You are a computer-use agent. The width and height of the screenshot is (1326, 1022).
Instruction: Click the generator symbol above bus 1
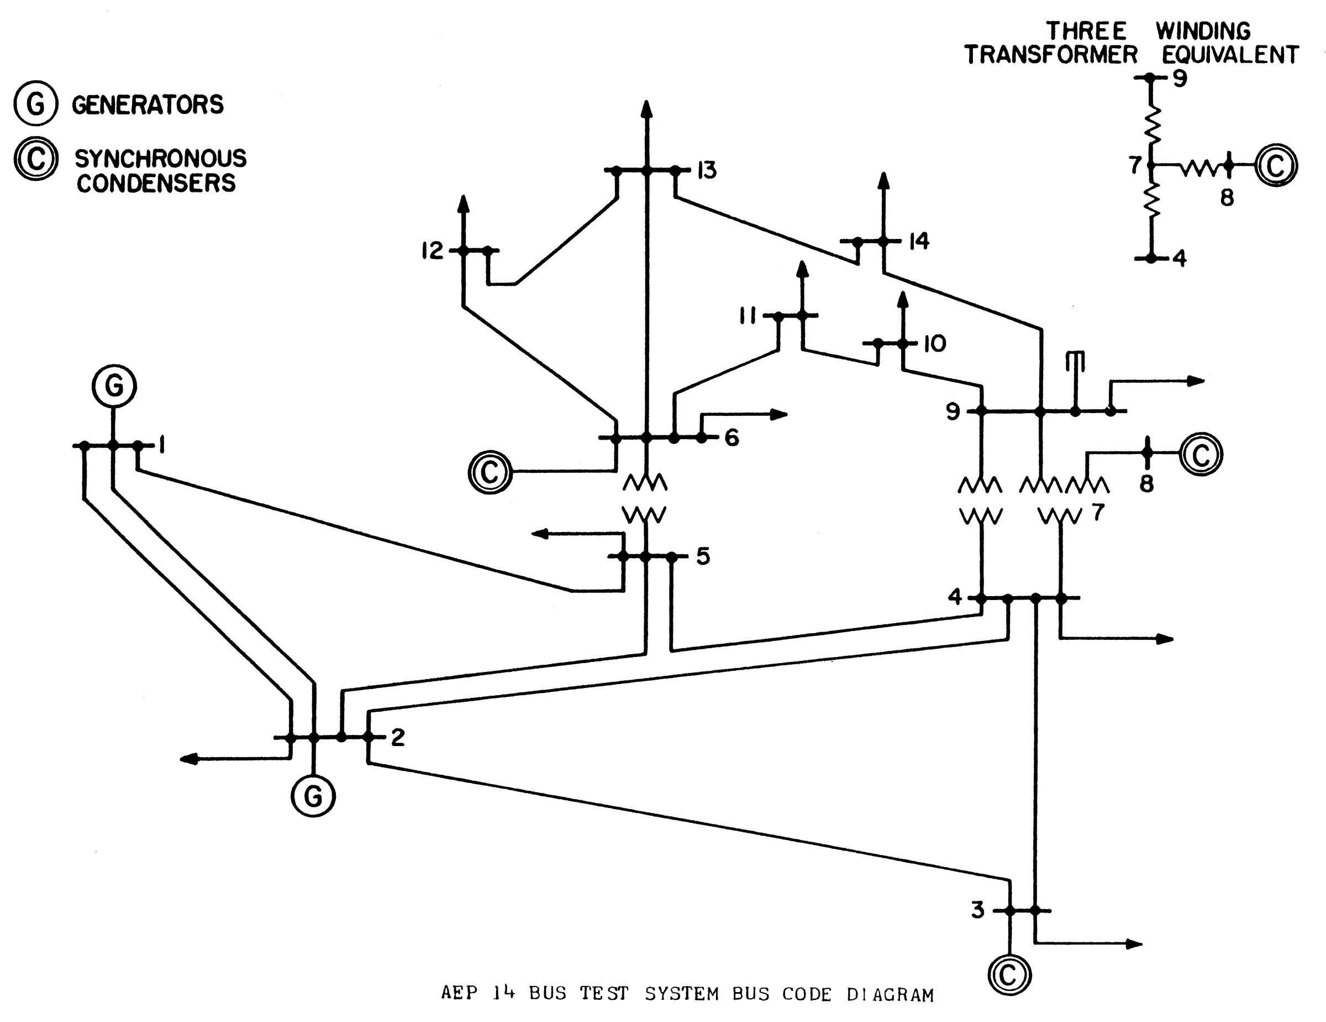pyautogui.click(x=114, y=386)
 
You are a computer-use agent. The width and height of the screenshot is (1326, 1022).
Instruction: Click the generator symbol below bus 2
pyautogui.click(x=313, y=795)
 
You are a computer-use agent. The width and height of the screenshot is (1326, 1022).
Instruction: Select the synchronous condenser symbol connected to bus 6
pyautogui.click(x=490, y=472)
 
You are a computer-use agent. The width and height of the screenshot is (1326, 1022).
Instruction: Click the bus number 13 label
pyautogui.click(x=707, y=171)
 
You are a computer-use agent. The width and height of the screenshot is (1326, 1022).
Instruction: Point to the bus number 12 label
pyautogui.click(x=432, y=251)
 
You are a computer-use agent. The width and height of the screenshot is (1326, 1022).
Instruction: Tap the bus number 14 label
pyautogui.click(x=919, y=242)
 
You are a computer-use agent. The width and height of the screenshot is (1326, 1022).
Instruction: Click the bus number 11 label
pyautogui.click(x=748, y=316)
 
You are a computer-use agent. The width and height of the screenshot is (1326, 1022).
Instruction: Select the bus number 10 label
pyautogui.click(x=934, y=345)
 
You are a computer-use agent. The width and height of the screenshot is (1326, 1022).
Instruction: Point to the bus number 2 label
pyautogui.click(x=398, y=738)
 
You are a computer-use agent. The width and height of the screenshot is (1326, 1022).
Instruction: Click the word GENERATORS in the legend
pyautogui.click(x=148, y=105)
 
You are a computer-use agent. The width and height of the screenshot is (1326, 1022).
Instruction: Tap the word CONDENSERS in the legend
pyautogui.click(x=156, y=184)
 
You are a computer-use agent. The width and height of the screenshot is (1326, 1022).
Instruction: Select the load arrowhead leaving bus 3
pyautogui.click(x=1134, y=943)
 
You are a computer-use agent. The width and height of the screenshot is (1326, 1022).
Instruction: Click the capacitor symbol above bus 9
pyautogui.click(x=1075, y=361)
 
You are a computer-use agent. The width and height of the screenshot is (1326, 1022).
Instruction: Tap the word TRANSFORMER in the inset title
pyautogui.click(x=1051, y=55)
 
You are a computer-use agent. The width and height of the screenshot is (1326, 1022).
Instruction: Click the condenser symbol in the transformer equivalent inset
pyautogui.click(x=1276, y=165)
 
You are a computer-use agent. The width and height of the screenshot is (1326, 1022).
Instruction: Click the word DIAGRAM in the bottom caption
pyautogui.click(x=890, y=995)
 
